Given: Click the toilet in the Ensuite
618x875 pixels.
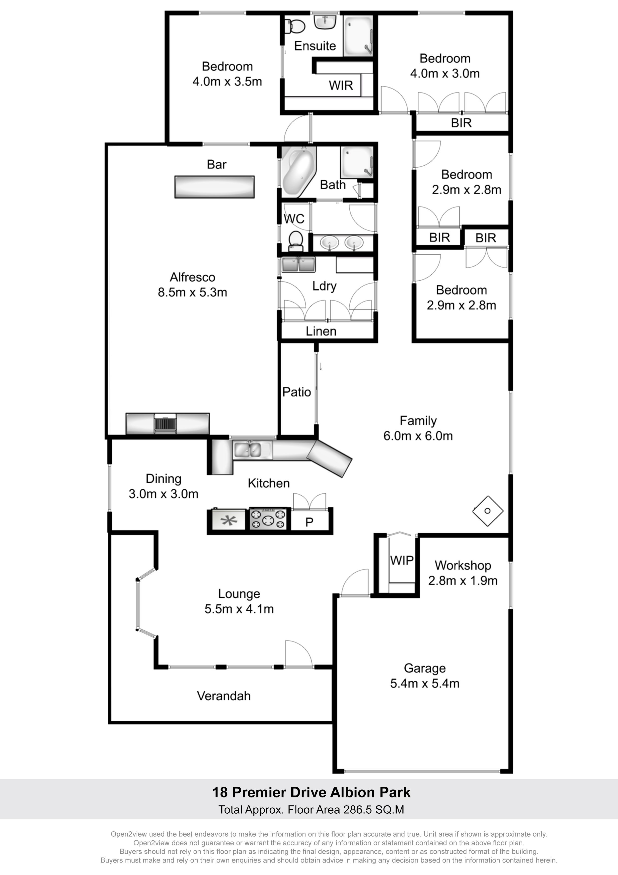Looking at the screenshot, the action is [x=295, y=26].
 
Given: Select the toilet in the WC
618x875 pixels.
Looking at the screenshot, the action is [x=296, y=241].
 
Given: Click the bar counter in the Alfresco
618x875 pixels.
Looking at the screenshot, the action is [x=214, y=187].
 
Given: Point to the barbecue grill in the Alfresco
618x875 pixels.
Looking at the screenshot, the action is [x=165, y=423].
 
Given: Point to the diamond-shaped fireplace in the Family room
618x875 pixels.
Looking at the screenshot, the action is [x=488, y=511].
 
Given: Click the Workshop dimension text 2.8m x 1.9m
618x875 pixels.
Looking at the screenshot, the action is [x=463, y=580].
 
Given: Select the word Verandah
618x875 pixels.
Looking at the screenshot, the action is [x=224, y=696].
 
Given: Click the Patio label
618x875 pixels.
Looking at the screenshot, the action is [x=297, y=392].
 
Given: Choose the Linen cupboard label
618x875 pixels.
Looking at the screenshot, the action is [x=321, y=331].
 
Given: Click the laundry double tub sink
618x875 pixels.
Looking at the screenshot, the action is [x=299, y=264].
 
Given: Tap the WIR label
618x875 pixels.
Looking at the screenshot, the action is [x=341, y=85].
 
